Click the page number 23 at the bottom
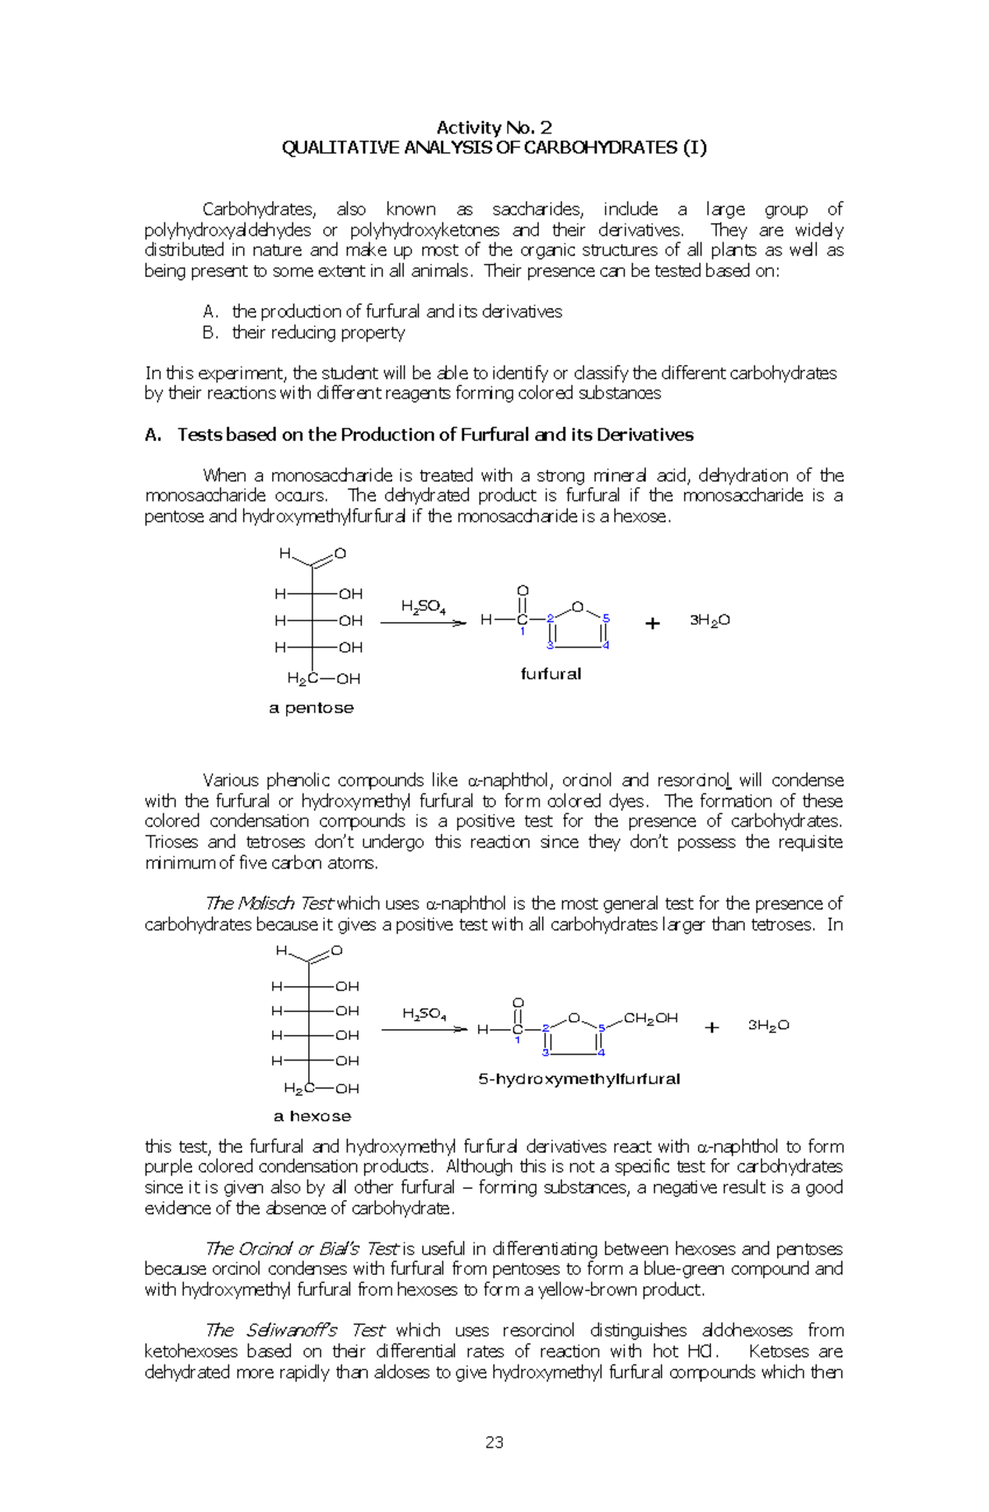(x=494, y=1441)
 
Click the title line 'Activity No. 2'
(x=494, y=127)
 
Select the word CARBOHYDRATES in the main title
(x=600, y=147)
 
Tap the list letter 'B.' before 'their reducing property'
(x=210, y=332)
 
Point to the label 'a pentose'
(x=311, y=708)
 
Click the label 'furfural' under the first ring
(x=551, y=674)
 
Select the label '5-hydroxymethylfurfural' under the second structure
(x=579, y=1079)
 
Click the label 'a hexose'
(x=312, y=1116)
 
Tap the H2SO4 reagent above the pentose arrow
(x=423, y=607)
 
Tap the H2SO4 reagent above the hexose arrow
(x=424, y=1014)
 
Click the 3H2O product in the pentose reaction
(x=710, y=620)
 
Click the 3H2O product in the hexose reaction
(x=768, y=1025)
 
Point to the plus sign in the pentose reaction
(x=653, y=624)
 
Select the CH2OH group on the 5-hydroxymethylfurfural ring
(x=650, y=1018)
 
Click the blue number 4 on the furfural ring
(x=606, y=645)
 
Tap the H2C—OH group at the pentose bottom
(x=323, y=679)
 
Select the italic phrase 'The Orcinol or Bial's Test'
(x=302, y=1248)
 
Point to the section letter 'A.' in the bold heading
(x=153, y=435)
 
